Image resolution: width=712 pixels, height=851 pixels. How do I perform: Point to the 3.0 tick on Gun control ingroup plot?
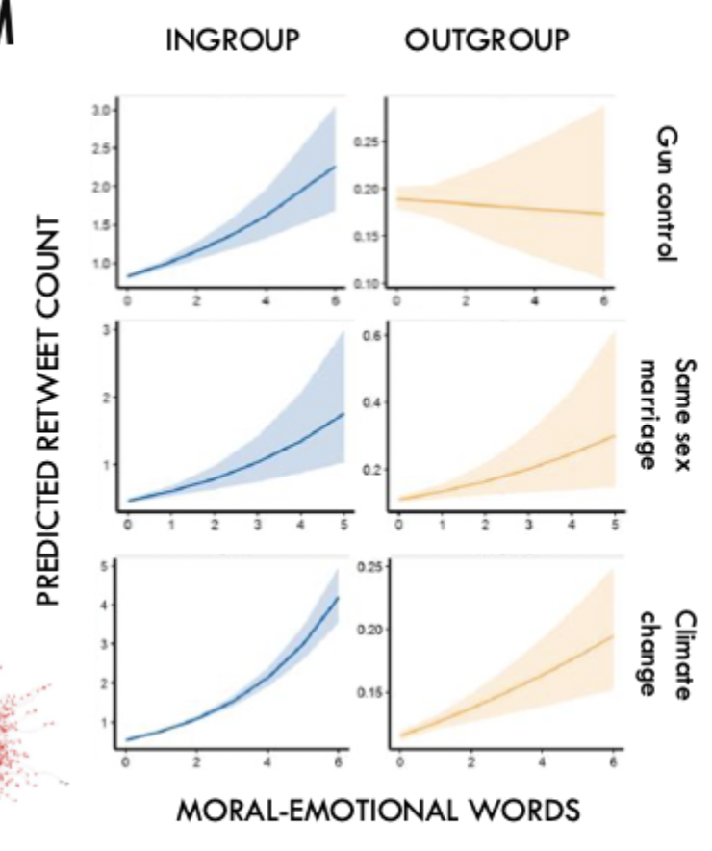click(x=100, y=111)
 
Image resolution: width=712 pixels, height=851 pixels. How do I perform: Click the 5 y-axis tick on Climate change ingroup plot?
click(x=109, y=565)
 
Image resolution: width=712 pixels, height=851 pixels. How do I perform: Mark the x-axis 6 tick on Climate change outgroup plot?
click(x=613, y=761)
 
